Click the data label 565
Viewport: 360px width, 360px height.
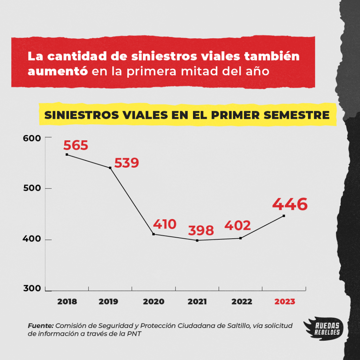(x=76, y=146)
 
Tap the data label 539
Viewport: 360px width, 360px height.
(x=127, y=163)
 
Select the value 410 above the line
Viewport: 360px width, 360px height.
(x=165, y=224)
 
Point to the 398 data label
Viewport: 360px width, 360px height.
(x=201, y=231)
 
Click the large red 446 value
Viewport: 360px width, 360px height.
(x=290, y=204)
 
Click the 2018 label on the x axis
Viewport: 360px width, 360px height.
(x=67, y=302)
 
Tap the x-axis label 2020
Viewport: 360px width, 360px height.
(x=154, y=302)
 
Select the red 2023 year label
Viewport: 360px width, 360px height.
(x=285, y=302)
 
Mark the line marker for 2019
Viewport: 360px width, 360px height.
(x=110, y=168)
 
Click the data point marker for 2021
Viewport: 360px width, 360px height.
(x=197, y=240)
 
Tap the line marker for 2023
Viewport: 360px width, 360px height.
(x=284, y=216)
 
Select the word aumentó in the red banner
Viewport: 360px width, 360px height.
(x=58, y=71)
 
